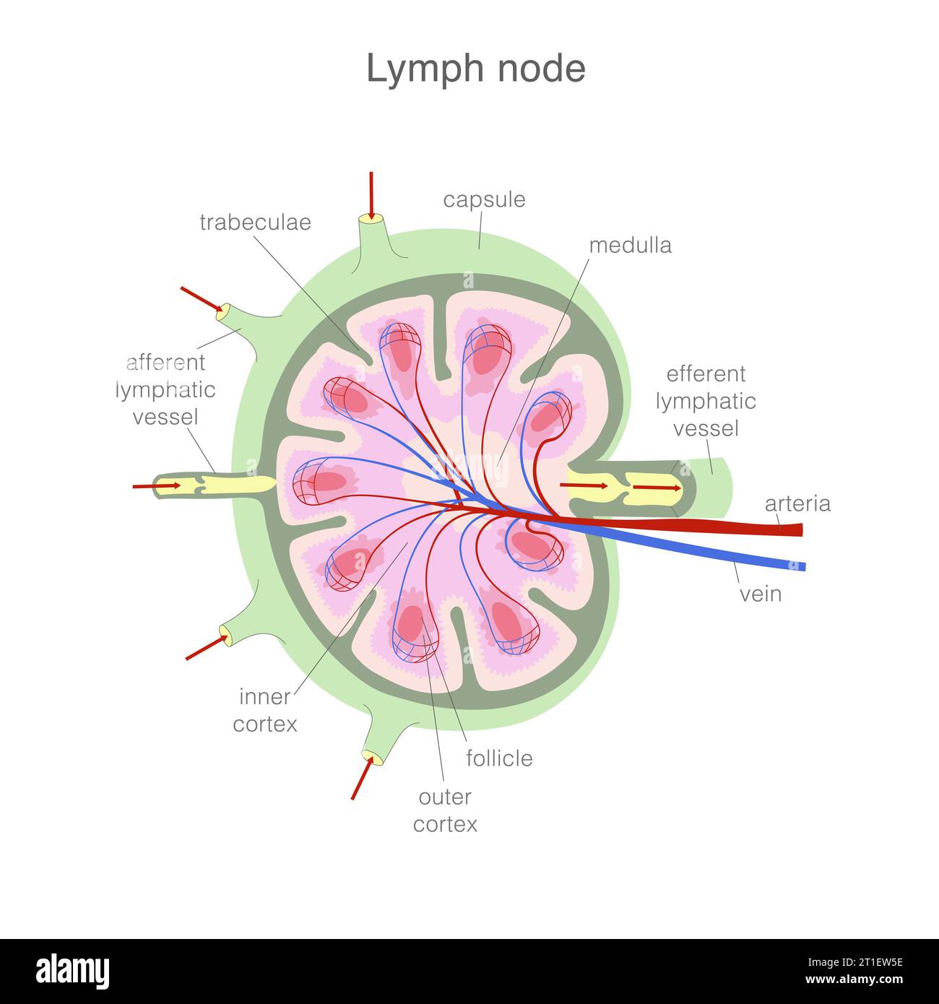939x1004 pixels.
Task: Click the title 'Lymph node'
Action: pos(475,69)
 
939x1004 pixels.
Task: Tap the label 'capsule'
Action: pos(484,199)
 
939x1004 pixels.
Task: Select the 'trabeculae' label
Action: pos(255,222)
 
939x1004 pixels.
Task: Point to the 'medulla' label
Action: pos(630,246)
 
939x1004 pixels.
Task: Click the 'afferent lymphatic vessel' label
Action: pos(165,389)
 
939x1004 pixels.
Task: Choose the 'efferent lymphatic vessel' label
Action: pos(706,401)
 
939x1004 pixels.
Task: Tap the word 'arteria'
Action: pos(797,503)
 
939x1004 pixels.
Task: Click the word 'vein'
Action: pos(761,594)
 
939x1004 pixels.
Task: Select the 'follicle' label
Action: pos(499,758)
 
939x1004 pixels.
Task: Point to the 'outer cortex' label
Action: pos(445,810)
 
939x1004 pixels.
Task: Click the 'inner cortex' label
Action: pos(265,710)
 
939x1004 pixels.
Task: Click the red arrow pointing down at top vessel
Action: pos(371,195)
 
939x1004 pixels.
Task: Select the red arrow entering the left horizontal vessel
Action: pos(156,486)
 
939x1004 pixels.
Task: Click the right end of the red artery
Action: pos(797,530)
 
